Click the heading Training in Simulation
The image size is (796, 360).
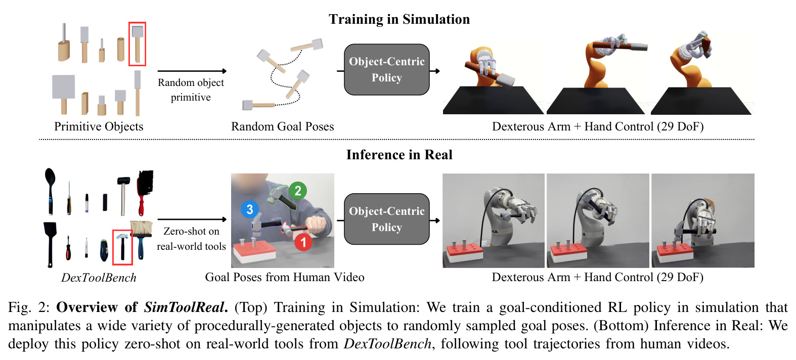[x=399, y=20]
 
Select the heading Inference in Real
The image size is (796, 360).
[x=399, y=155]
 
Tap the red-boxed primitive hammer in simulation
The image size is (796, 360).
[x=138, y=43]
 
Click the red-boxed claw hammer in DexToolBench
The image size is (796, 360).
[x=122, y=247]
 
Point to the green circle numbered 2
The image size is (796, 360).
[x=298, y=191]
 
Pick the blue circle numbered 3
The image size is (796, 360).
[x=250, y=209]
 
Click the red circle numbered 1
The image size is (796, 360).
[x=303, y=242]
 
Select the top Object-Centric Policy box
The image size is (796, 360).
[x=387, y=70]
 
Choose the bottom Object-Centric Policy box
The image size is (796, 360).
[x=387, y=219]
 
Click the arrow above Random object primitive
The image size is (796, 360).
[x=192, y=71]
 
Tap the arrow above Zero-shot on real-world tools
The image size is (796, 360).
[x=192, y=219]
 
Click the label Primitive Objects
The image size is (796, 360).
[x=99, y=126]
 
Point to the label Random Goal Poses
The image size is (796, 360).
[x=283, y=126]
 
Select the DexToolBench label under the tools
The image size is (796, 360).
[x=99, y=278]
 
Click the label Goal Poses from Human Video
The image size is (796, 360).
[x=285, y=277]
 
